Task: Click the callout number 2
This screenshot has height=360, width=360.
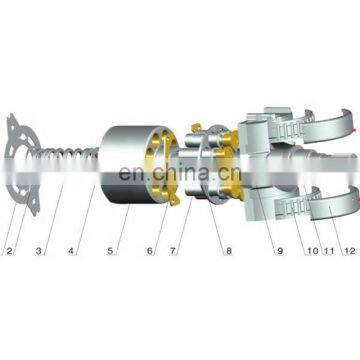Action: click(x=9, y=251)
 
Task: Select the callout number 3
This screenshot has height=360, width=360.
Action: click(x=39, y=251)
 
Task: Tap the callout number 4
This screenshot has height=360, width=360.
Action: click(x=71, y=251)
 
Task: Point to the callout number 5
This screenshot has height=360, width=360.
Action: click(x=110, y=251)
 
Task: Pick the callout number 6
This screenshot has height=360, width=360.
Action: click(x=150, y=251)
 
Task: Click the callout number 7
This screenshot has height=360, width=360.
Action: click(x=172, y=251)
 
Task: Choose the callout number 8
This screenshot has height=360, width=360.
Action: click(x=229, y=251)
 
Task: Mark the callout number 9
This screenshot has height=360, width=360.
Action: click(x=280, y=251)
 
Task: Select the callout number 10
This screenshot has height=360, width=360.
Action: click(x=313, y=251)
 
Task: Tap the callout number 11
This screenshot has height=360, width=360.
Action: click(x=329, y=251)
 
